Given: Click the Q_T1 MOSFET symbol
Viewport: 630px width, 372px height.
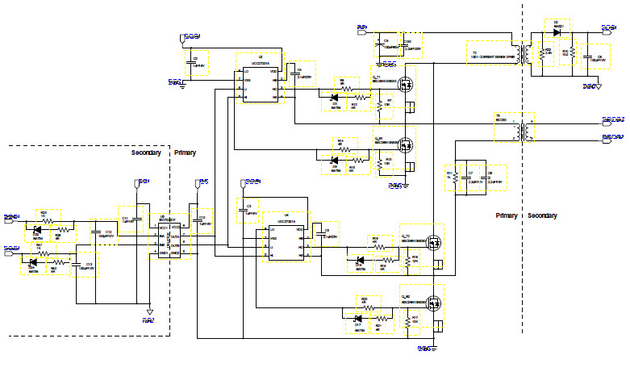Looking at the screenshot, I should (x=408, y=83).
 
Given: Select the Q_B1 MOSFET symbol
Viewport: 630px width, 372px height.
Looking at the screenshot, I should (x=408, y=145).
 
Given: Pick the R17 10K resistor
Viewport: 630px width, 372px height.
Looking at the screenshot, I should (x=405, y=320).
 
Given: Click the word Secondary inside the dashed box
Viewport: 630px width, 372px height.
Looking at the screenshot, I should (x=146, y=152).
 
